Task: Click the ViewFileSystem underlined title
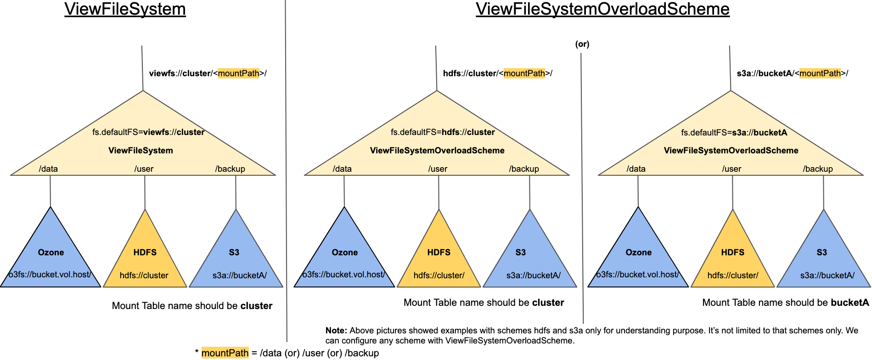pos(125,9)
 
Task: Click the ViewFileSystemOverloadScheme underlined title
pos(602,9)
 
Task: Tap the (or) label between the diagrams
pos(582,44)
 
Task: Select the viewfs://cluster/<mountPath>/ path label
pos(208,73)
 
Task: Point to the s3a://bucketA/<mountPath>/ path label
pos(792,73)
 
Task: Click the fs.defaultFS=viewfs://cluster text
pos(148,132)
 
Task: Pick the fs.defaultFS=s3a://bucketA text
pos(734,133)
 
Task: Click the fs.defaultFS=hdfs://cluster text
pos(443,132)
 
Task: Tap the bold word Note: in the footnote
pos(336,331)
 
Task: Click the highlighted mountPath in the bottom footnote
pos(225,353)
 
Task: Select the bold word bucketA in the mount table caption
pos(849,303)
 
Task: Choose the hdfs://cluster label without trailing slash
pos(144,276)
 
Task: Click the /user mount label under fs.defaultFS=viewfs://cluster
pos(144,169)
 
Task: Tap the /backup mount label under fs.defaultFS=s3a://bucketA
pos(817,169)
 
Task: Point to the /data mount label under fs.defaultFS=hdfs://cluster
pos(342,169)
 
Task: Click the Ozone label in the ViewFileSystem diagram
pos(51,253)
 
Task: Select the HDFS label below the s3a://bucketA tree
pos(732,253)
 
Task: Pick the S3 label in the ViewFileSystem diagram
pos(234,253)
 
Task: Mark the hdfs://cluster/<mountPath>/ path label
pos(497,73)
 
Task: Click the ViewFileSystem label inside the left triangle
pos(141,151)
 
